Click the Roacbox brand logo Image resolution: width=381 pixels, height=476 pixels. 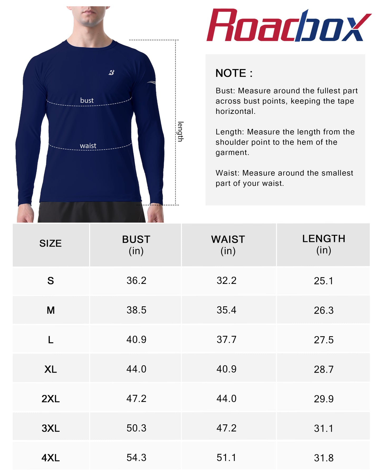tap(289, 26)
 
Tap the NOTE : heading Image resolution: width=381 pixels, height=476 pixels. tap(234, 73)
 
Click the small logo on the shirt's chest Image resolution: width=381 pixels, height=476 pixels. tap(111, 72)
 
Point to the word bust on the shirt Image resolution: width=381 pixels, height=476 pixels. tap(87, 100)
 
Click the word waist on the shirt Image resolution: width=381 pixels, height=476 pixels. tap(88, 146)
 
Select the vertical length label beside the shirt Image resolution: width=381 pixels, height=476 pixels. tap(180, 132)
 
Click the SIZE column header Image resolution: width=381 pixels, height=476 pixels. tap(50, 243)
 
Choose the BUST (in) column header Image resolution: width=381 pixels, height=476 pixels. tap(136, 245)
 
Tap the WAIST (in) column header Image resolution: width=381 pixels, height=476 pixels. tap(228, 245)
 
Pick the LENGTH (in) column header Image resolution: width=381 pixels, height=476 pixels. tap(324, 244)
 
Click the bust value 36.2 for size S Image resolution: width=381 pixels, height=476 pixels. tap(136, 280)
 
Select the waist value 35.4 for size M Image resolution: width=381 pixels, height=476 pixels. tap(226, 310)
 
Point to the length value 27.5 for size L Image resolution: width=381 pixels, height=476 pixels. tap(324, 340)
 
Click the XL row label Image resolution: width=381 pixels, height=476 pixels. tap(51, 369)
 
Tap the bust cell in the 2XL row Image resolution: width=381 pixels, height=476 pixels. tap(136, 399)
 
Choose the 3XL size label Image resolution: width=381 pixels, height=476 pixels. tap(51, 428)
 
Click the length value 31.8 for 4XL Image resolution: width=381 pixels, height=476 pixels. tap(324, 458)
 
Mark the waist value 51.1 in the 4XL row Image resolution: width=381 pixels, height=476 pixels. tap(226, 458)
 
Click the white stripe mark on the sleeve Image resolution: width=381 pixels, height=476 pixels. tap(151, 83)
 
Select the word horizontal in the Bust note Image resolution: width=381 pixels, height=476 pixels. tap(235, 111)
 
